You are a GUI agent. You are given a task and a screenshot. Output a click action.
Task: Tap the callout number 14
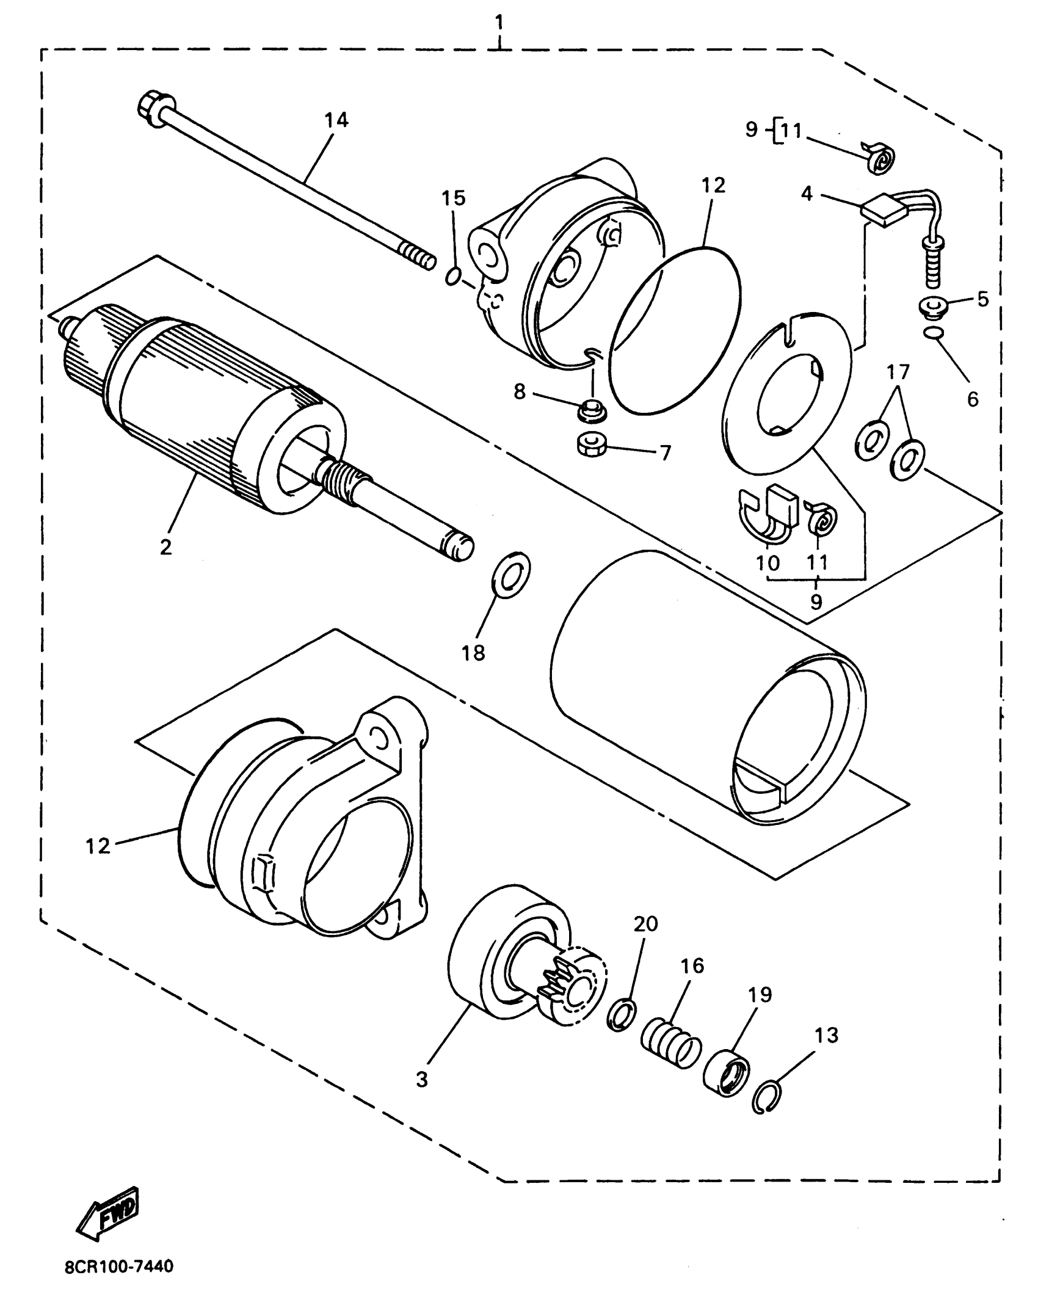point(336,121)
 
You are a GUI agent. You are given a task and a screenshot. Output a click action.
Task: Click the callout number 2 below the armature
point(165,547)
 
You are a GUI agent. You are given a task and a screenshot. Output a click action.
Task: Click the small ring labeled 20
point(622,1015)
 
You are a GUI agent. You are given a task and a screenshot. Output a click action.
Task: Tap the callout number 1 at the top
point(499,23)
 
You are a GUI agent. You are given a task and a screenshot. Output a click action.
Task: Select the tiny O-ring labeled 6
point(934,333)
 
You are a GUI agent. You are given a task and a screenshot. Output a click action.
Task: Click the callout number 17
point(898,372)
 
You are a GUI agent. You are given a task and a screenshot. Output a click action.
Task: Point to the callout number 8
point(520,391)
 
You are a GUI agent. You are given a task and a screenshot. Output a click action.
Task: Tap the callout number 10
point(768,562)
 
